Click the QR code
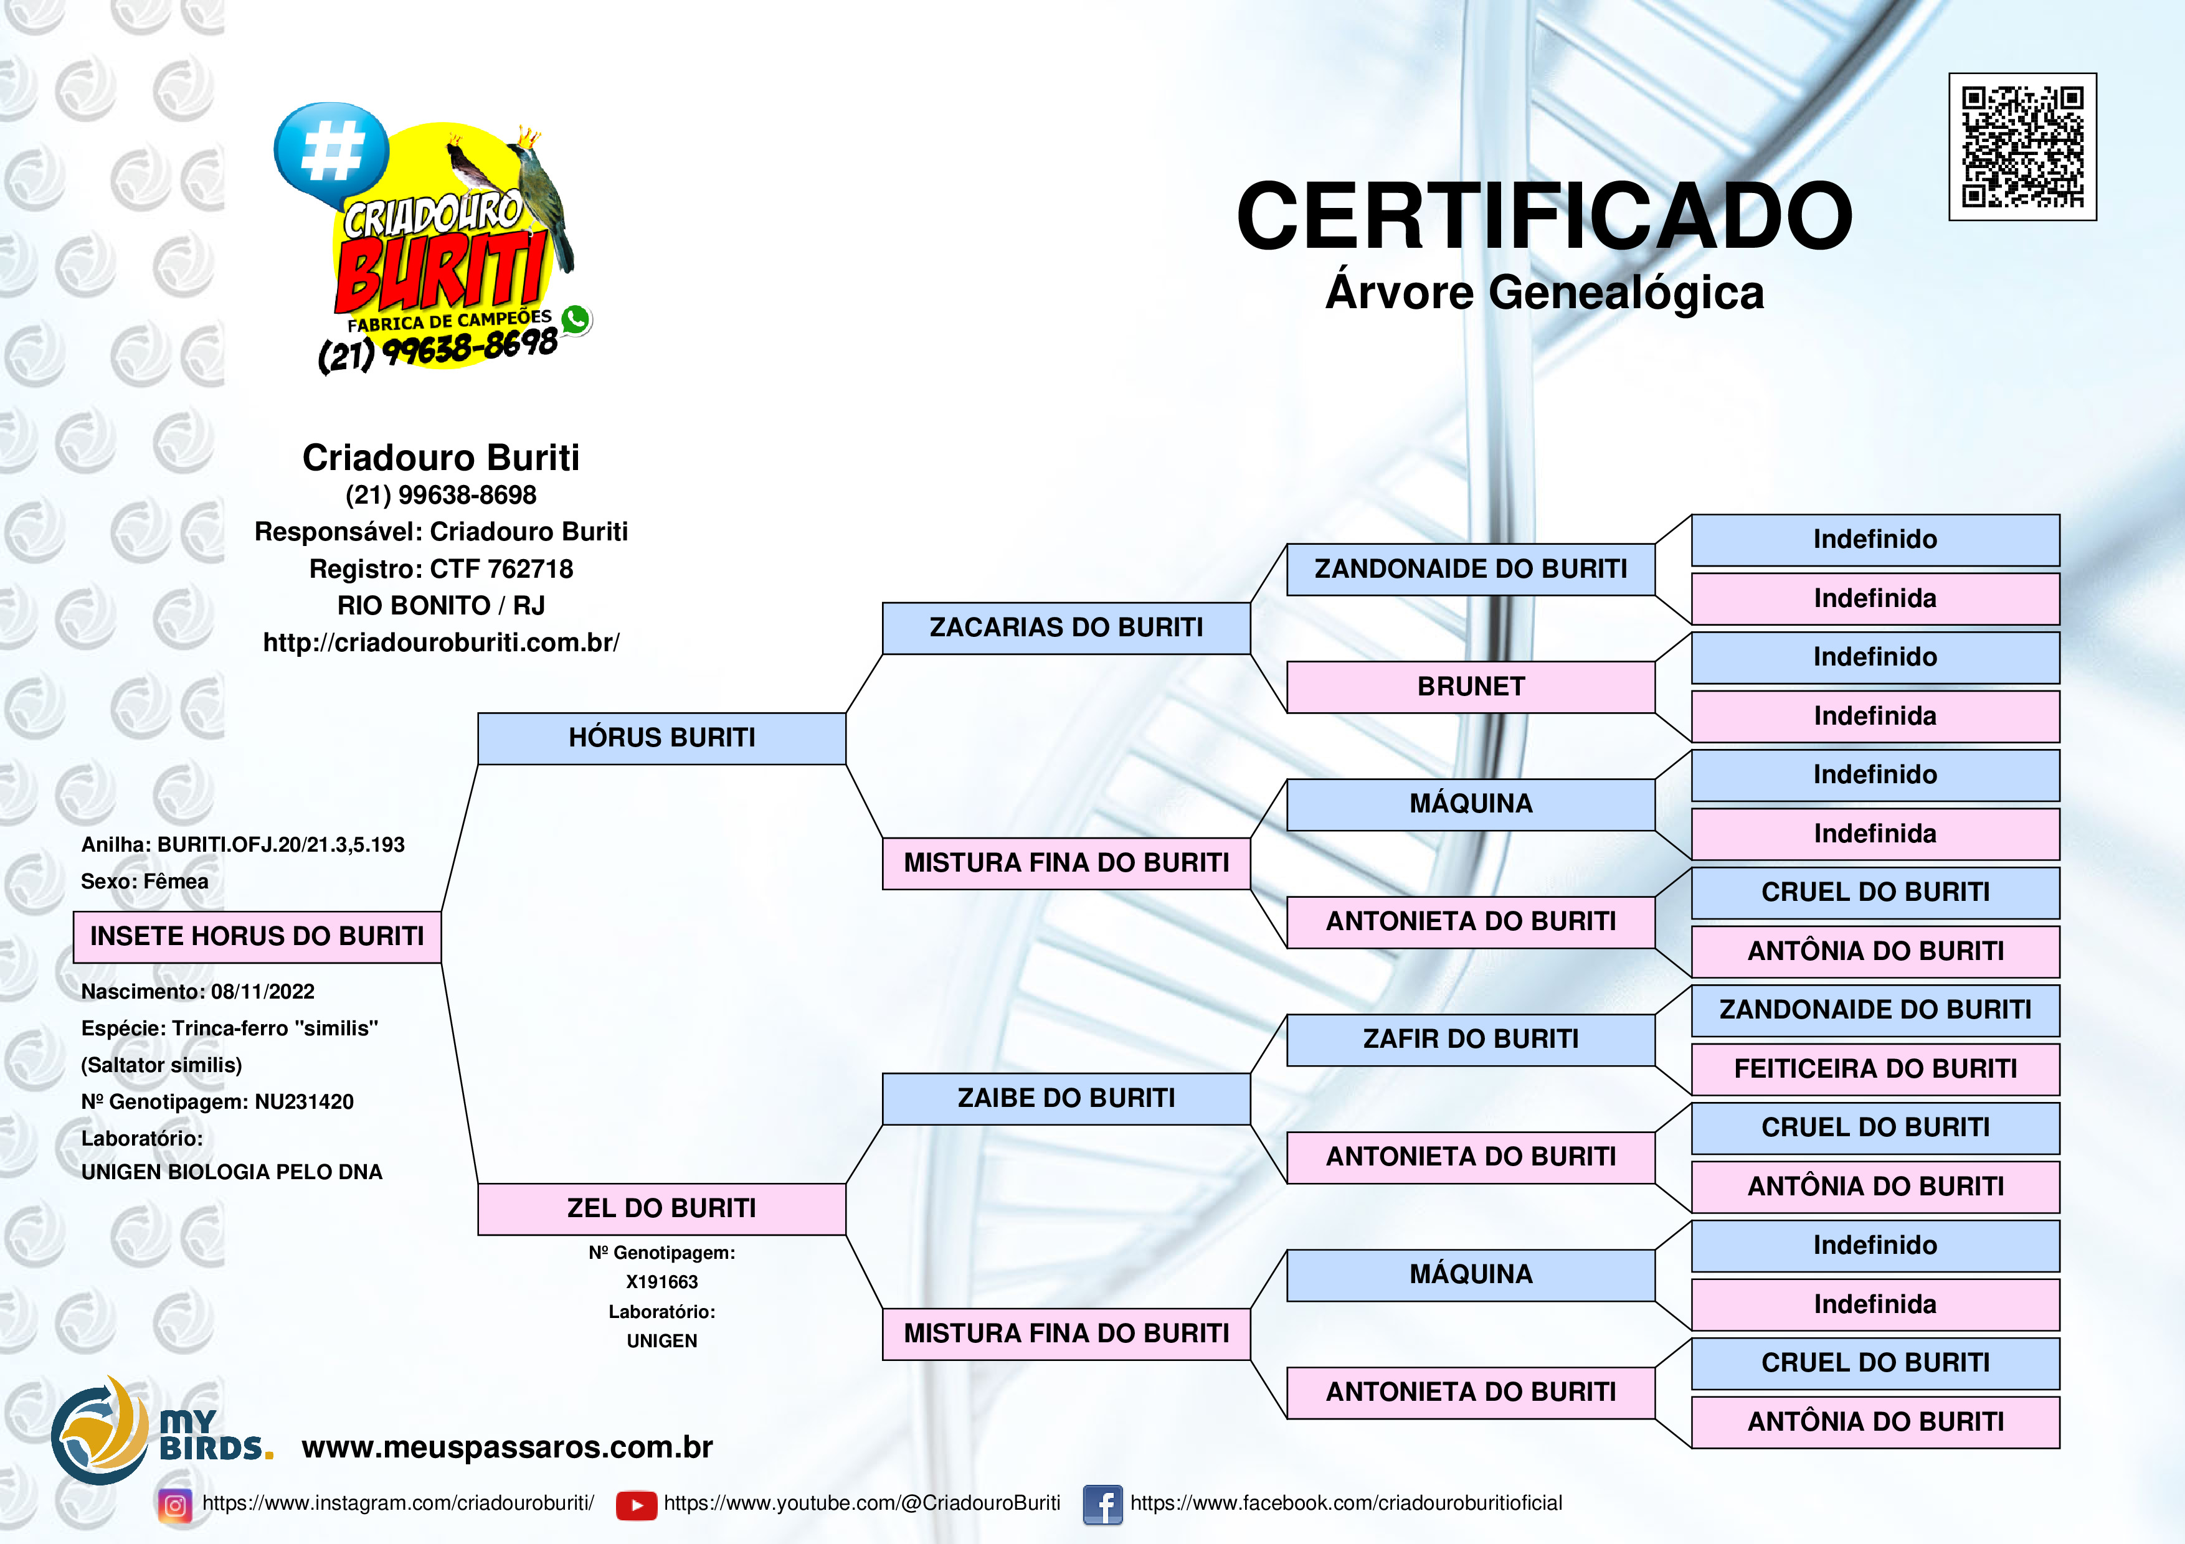click(x=2022, y=146)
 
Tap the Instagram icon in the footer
click(x=175, y=1505)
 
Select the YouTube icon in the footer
click(x=636, y=1505)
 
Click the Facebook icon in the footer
click(x=1103, y=1505)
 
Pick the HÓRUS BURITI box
click(x=661, y=738)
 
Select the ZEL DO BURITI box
click(x=661, y=1209)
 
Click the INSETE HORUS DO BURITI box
click(x=257, y=937)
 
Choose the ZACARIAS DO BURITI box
click(x=1066, y=628)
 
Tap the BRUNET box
click(x=1471, y=687)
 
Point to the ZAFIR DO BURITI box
click(x=1471, y=1040)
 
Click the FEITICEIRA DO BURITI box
click(x=1875, y=1070)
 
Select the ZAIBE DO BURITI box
click(x=1066, y=1099)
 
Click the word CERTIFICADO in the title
click(x=1543, y=216)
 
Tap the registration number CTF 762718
click(x=501, y=569)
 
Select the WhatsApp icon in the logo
click(x=576, y=319)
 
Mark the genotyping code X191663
click(x=661, y=1283)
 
